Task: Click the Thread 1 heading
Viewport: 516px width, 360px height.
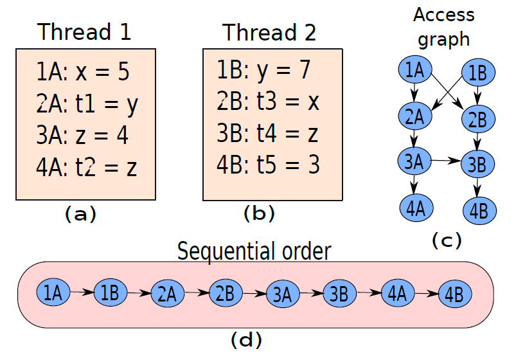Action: pos(84,32)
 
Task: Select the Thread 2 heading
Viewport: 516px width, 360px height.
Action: pos(269,33)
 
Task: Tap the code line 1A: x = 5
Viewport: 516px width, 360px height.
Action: pos(83,71)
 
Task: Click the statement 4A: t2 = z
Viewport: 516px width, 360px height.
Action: pos(86,167)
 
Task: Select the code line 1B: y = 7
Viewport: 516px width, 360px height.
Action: pos(263,71)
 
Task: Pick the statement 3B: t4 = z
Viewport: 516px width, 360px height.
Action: pos(267,134)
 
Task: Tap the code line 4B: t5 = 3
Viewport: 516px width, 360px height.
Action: pos(268,165)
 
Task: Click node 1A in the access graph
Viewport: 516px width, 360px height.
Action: pos(415,69)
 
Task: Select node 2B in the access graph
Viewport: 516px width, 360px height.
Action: pos(478,119)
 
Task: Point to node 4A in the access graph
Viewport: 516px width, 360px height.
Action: pos(416,208)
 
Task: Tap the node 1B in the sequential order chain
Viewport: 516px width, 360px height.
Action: pos(111,292)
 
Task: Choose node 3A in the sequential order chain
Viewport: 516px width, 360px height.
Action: pos(283,294)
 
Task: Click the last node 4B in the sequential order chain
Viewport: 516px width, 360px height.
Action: pos(455,294)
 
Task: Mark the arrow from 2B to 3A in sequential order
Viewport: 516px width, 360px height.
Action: pos(254,293)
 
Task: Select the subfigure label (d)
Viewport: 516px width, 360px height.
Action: pos(247,340)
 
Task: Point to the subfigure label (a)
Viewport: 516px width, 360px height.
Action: pos(80,214)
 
